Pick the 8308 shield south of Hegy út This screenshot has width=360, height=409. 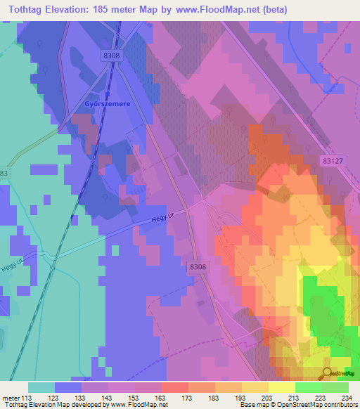coord(199,268)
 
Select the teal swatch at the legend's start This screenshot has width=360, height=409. coord(41,387)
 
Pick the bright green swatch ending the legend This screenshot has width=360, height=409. coord(335,387)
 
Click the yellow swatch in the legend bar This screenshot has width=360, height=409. coord(282,387)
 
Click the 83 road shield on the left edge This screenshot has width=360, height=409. coord(4,172)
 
